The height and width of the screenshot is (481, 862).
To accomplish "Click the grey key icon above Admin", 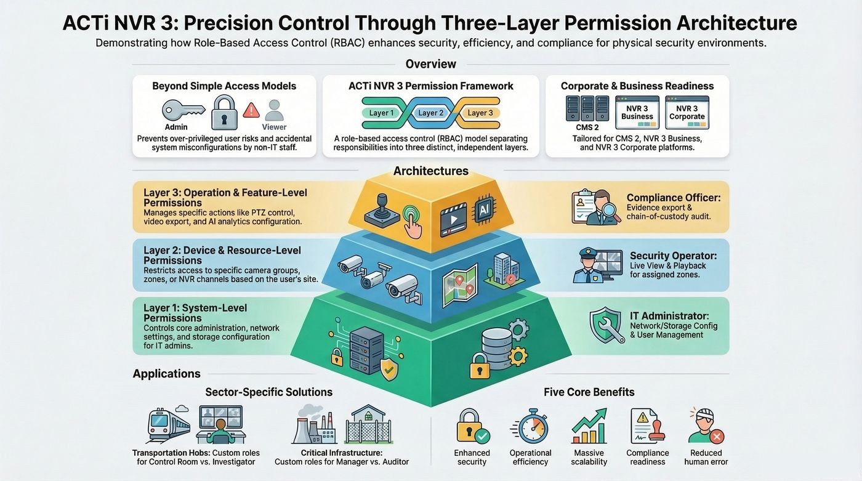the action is [183, 110].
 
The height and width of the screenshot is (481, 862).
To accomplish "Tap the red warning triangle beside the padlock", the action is [251, 110].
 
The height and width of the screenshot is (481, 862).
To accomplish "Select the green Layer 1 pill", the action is [381, 113].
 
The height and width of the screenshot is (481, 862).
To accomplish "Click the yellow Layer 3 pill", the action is [480, 113].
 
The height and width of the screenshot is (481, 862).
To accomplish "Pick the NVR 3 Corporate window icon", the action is [687, 112].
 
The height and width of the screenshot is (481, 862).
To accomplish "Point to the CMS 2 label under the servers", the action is [587, 127].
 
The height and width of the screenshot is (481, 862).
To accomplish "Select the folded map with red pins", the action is [460, 286].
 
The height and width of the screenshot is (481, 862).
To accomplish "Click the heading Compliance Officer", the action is [674, 198].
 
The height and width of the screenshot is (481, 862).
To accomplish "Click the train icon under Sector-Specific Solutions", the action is [168, 425].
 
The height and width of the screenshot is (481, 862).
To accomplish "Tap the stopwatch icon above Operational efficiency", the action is [531, 426].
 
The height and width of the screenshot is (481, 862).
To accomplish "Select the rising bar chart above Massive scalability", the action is [589, 426].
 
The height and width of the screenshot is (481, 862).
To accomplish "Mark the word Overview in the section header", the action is [430, 64].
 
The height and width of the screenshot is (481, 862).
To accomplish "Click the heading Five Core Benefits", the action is [589, 392].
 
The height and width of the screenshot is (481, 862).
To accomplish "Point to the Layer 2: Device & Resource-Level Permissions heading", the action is [222, 255].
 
